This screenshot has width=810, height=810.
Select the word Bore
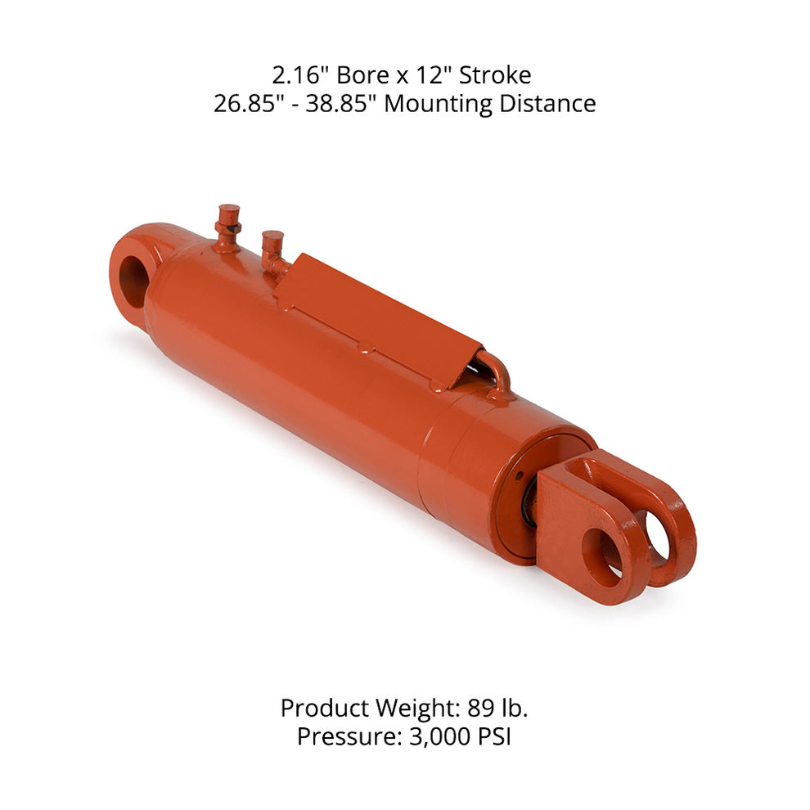[x=359, y=76]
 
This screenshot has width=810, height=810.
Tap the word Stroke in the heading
[x=495, y=76]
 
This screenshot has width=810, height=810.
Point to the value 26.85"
[x=245, y=105]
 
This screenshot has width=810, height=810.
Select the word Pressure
[x=346, y=737]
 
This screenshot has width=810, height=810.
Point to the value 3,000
[x=437, y=737]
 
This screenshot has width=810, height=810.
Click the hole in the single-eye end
[x=132, y=281]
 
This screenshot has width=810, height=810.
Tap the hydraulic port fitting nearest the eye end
[x=227, y=226]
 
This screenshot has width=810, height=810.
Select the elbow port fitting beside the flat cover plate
[x=273, y=252]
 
